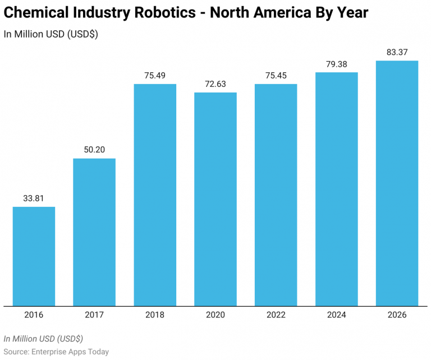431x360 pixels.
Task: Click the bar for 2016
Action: (34, 256)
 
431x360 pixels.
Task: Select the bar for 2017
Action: (94, 232)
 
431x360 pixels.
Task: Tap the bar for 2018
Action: (155, 195)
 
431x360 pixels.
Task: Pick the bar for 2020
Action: (215, 199)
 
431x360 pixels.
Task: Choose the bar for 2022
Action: (276, 195)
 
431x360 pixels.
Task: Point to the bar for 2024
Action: (337, 189)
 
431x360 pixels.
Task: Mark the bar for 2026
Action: (397, 183)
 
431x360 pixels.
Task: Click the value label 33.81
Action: (34, 198)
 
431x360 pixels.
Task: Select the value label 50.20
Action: (94, 150)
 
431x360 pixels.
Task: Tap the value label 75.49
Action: (155, 75)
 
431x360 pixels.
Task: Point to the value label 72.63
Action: (215, 84)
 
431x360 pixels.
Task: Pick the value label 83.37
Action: (397, 52)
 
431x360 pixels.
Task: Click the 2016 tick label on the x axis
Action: (34, 315)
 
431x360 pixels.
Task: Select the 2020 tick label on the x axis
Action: (215, 315)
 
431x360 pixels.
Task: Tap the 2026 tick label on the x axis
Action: (397, 315)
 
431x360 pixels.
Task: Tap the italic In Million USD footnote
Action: (43, 339)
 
